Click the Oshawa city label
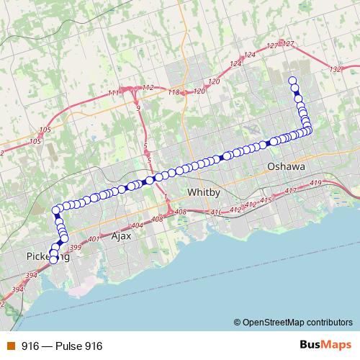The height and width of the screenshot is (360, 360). tap(286, 166)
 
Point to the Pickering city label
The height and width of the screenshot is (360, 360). tap(45, 256)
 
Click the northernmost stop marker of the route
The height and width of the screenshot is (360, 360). tap(292, 81)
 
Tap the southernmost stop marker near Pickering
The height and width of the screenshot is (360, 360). tap(53, 261)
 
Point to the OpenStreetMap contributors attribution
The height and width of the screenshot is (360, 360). tap(296, 323)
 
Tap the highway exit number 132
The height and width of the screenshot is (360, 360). tap(333, 69)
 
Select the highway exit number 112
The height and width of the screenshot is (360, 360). tap(148, 87)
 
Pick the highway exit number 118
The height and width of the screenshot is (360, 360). tap(173, 93)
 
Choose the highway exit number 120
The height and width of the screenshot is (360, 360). tap(199, 91)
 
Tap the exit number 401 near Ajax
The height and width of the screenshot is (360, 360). tap(92, 238)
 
